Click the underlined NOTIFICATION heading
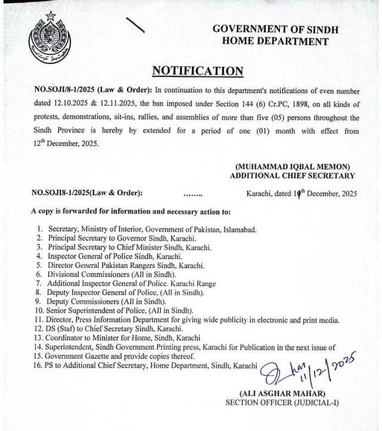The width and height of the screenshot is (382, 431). click(198, 71)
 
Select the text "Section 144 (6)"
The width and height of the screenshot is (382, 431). click(223, 104)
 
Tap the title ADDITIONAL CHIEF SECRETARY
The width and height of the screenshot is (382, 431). click(292, 176)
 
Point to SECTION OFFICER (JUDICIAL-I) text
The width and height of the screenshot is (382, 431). click(282, 403)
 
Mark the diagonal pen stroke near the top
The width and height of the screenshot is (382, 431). click(136, 26)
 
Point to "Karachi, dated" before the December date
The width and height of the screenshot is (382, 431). click(269, 193)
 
